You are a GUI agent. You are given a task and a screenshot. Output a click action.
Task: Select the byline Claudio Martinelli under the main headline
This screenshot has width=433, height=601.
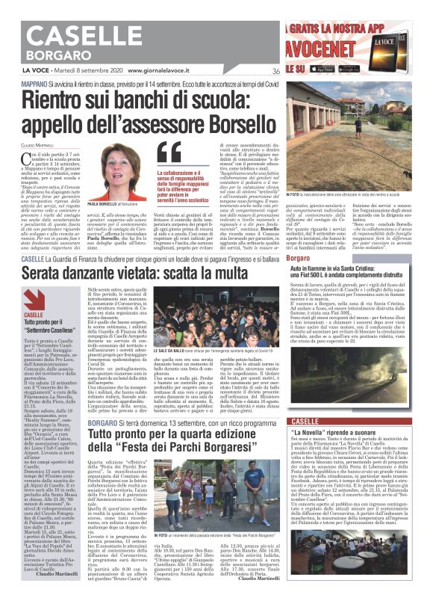point(37,144)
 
